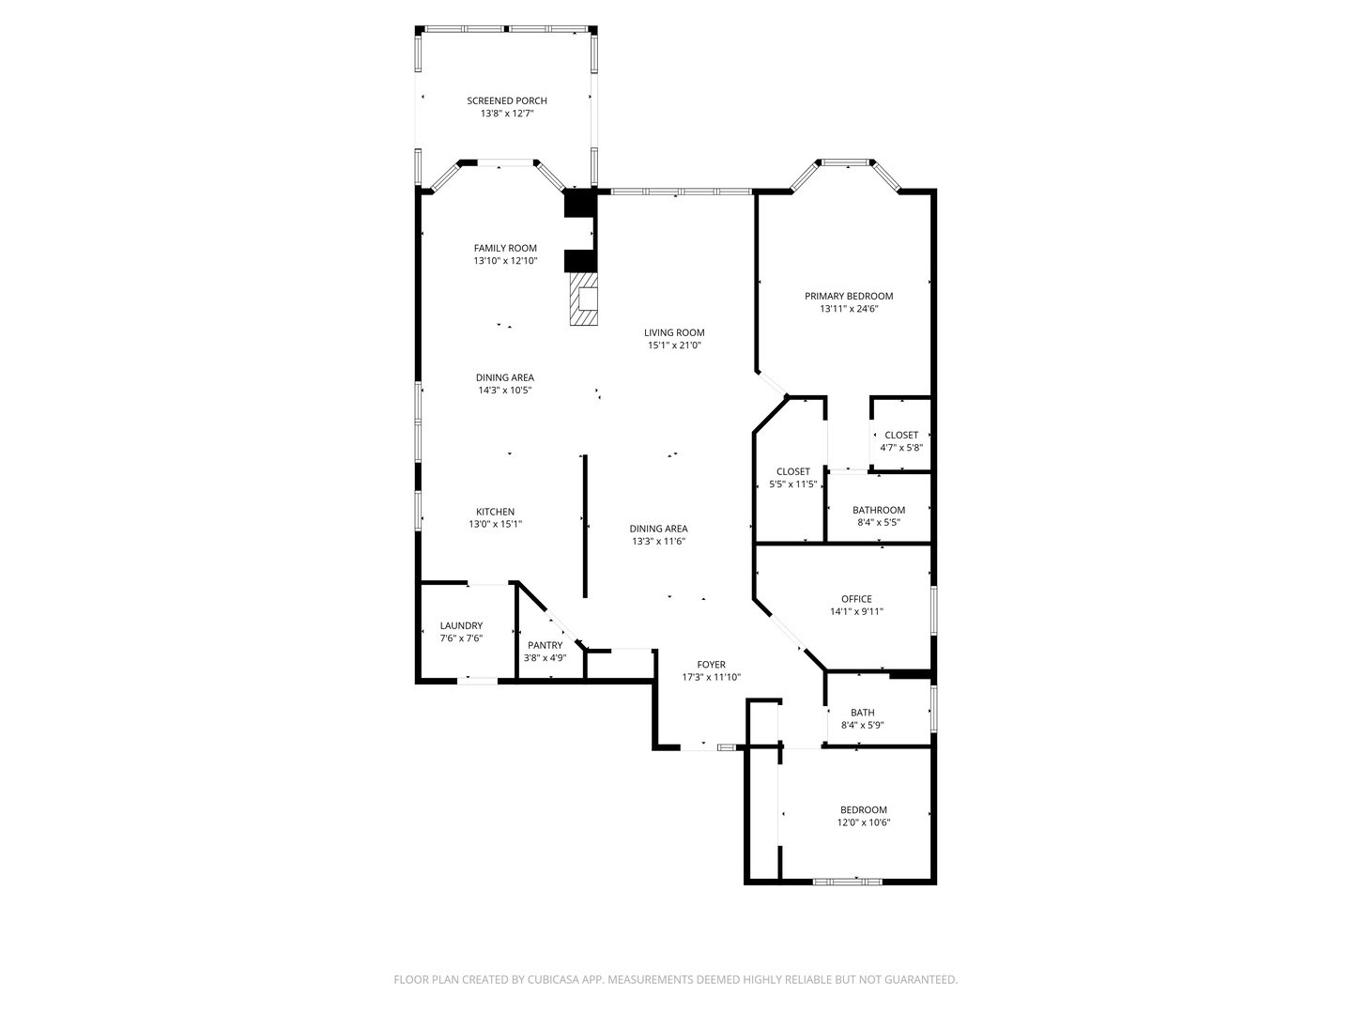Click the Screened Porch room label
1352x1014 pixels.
point(507,100)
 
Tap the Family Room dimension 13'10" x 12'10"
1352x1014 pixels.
point(505,261)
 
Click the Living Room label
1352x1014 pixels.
point(673,332)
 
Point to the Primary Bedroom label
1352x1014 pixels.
point(849,296)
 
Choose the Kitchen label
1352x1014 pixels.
point(495,512)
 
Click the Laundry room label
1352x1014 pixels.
point(461,625)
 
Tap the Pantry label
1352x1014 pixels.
point(545,645)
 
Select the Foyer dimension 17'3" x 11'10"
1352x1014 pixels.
point(711,677)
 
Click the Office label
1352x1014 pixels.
point(856,599)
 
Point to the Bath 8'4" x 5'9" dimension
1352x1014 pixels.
point(862,725)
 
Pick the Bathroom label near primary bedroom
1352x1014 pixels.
point(879,510)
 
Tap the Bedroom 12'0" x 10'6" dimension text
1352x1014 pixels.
point(863,822)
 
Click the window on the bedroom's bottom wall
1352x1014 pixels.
point(847,881)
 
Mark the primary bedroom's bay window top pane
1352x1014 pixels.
point(847,163)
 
